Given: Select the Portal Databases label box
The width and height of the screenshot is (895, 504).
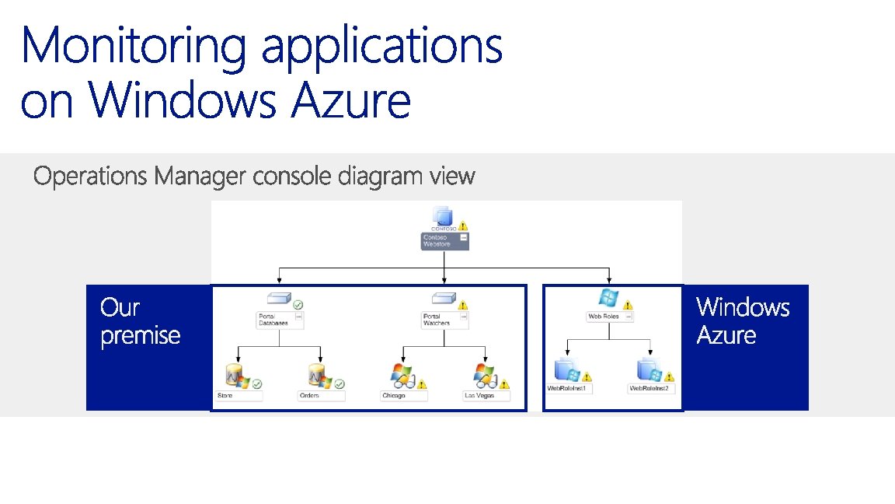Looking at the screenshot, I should (276, 320).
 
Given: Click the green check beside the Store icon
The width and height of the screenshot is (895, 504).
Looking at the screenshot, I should (256, 383).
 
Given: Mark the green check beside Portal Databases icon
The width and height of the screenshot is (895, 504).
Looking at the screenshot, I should (298, 305).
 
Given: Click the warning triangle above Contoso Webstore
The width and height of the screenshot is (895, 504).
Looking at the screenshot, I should (463, 226).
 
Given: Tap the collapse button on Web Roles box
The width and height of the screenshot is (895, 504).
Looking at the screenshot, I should (629, 317).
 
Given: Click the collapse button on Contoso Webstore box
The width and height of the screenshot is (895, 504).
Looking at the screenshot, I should (464, 236).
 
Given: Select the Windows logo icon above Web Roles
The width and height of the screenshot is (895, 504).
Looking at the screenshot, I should (608, 298).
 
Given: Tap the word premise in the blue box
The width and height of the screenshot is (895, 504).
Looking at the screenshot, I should (141, 336).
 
